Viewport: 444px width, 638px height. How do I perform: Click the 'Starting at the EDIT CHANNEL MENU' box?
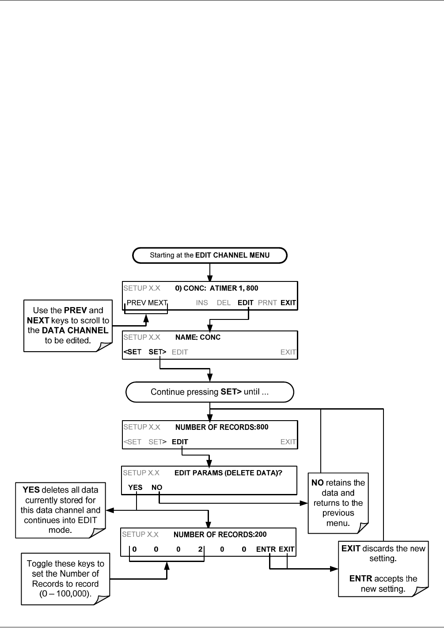[209, 255]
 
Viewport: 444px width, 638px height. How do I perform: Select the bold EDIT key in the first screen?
[246, 303]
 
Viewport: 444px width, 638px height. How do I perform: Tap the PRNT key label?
[267, 303]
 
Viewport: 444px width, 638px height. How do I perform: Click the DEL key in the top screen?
[224, 303]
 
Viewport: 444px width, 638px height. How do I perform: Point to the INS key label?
[201, 303]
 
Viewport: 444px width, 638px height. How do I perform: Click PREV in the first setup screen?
[137, 303]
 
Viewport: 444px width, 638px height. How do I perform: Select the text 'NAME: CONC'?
[198, 337]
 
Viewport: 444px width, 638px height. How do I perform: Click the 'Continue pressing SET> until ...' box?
[209, 392]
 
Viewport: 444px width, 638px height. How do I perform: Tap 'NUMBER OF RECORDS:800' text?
[222, 427]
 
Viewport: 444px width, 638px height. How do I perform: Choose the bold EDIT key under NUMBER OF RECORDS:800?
[180, 442]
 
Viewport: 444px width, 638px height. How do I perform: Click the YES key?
[135, 487]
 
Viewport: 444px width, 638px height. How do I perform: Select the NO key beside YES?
[157, 487]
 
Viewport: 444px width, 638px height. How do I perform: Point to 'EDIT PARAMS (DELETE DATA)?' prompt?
[228, 473]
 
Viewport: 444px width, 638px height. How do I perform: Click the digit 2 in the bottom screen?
[200, 549]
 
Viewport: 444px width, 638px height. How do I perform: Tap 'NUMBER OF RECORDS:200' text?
[220, 535]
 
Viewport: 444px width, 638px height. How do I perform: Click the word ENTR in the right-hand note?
[361, 578]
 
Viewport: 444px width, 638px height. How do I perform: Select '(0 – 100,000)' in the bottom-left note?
[65, 593]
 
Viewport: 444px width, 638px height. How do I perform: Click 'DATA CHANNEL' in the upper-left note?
[75, 330]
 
